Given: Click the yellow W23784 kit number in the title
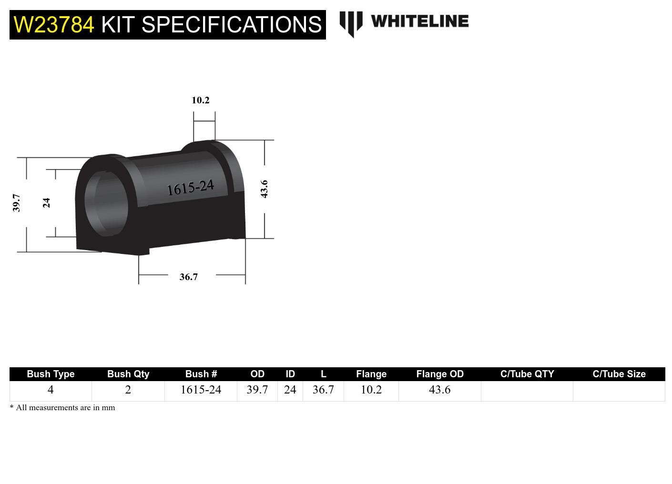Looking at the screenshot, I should pos(54,25).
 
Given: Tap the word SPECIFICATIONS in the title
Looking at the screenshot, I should pos(232,25).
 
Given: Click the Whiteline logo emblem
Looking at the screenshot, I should pos(351,23).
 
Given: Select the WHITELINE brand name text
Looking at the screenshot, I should pos(419,21).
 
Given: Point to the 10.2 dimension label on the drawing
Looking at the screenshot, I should pos(200,100).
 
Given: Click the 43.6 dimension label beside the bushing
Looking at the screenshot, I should pos(264,189).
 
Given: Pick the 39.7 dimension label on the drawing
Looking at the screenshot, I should pos(17,202).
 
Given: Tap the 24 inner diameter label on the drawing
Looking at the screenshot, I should pos(46,203).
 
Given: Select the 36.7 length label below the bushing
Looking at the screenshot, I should pos(188,277).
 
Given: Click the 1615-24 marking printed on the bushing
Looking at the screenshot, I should pos(190,188).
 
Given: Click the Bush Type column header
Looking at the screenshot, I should pos(51,374).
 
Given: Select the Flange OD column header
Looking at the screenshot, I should pos(439,374).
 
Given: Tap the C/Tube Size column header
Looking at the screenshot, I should pos(619,374).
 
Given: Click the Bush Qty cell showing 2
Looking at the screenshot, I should pos(128,390).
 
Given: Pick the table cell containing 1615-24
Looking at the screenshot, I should pos(201,390).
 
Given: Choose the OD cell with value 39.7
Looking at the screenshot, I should pos(257,390).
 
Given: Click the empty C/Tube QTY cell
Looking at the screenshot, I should pos(527,391).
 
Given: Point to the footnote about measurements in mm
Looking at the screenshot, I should pos(62,408).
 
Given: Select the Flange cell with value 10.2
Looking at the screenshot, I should pos(371,390).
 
